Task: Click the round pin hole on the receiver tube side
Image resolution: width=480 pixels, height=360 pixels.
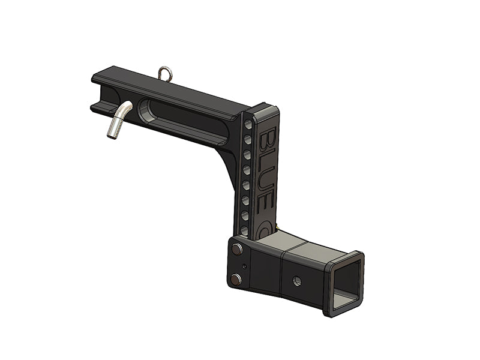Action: point(297,280)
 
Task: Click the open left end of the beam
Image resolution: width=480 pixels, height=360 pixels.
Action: point(98,94)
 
